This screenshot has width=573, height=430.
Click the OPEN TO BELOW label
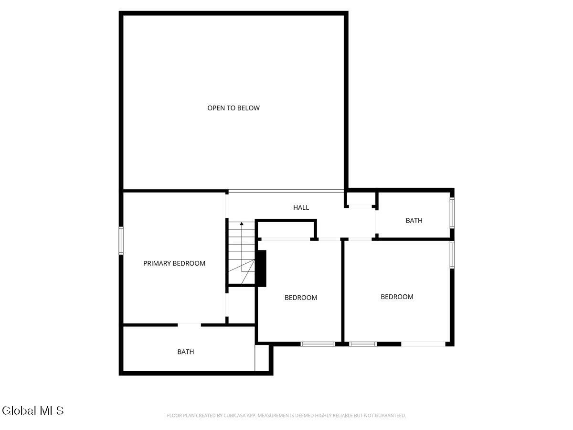pyautogui.click(x=233, y=108)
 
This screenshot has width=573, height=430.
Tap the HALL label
pyautogui.click(x=301, y=207)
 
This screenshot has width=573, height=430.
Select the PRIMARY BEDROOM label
pyautogui.click(x=174, y=263)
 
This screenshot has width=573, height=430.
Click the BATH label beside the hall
pyautogui.click(x=414, y=220)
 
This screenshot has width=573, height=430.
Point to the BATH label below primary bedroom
pyautogui.click(x=186, y=352)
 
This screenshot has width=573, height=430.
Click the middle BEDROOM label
pyautogui.click(x=301, y=298)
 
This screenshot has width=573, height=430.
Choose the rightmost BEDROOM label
pyautogui.click(x=397, y=297)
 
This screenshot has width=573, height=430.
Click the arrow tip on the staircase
pyautogui.click(x=242, y=223)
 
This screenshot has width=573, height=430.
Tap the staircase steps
pyautogui.click(x=241, y=253)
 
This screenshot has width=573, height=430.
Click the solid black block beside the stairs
pyautogui.click(x=261, y=269)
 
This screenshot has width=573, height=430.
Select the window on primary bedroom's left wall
pyautogui.click(x=121, y=241)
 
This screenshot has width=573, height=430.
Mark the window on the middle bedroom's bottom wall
pyautogui.click(x=318, y=344)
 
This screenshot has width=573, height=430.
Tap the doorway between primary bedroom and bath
pyautogui.click(x=189, y=325)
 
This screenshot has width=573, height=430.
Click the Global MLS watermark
pyautogui.click(x=32, y=410)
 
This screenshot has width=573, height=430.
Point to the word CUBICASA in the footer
pyautogui.click(x=236, y=416)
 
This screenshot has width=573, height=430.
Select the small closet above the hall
pyautogui.click(x=361, y=199)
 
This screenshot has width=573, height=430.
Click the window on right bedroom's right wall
pyautogui.click(x=452, y=255)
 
